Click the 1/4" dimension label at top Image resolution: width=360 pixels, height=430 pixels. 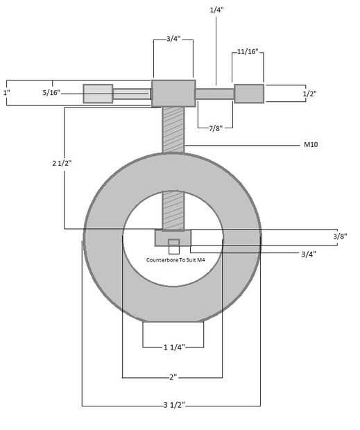point(216,10)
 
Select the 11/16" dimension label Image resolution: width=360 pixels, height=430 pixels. point(248,51)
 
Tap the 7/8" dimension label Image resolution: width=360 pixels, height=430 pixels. point(216,128)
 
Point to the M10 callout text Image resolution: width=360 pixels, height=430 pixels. point(311,144)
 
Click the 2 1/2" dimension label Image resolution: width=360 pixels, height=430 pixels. point(62,163)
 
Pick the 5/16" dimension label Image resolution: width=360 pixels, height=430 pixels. point(51,93)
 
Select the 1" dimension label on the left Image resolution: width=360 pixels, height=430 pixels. point(6,93)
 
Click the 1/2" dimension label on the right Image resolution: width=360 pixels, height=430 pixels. point(309,94)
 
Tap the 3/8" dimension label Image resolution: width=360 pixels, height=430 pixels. point(340,236)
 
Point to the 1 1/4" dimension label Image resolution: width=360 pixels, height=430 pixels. point(174,347)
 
